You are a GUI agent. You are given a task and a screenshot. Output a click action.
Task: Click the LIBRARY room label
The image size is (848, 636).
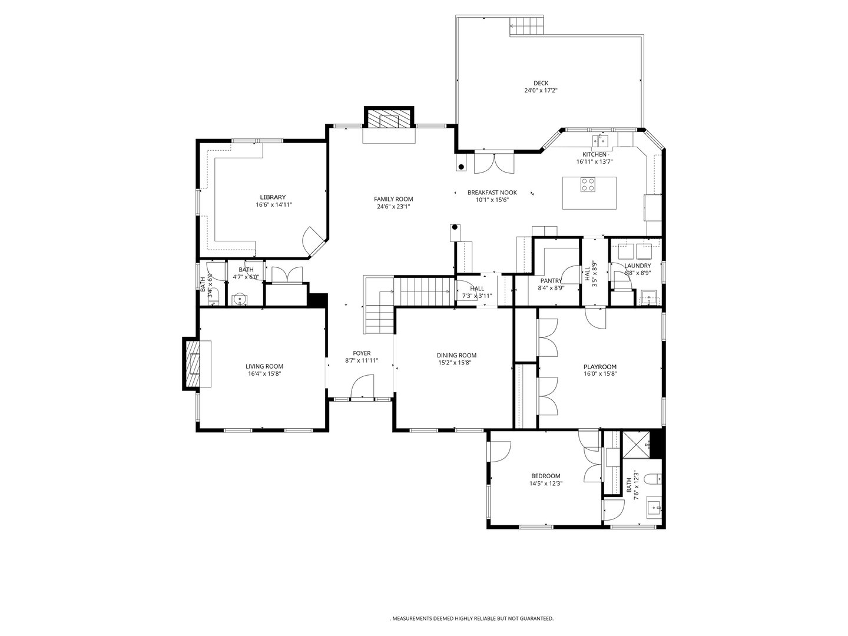coord(273,197)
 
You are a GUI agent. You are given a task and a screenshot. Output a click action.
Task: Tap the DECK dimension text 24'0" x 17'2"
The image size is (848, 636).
coord(541,91)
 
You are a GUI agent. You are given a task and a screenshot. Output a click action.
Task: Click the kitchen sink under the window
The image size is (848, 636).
coord(601,140)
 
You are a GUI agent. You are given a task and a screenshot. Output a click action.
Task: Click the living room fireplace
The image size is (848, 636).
coord(193,363)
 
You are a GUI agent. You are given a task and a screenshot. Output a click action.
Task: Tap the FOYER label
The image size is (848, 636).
coord(362,353)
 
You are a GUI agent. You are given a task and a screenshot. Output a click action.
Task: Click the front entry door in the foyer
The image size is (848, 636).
coord(362,389)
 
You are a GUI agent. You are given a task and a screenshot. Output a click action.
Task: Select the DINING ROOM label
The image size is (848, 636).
coord(456,355)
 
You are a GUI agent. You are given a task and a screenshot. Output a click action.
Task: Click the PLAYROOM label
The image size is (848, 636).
coord(600,367)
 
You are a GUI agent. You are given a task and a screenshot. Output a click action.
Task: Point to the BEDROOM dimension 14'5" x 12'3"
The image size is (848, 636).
coord(545,483)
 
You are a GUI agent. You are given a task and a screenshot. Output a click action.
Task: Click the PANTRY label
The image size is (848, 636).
coord(551,281)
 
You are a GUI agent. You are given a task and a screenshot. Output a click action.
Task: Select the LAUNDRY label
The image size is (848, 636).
coord(637,266)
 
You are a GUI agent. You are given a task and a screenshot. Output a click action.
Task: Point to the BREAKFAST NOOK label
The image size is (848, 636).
coord(492,193)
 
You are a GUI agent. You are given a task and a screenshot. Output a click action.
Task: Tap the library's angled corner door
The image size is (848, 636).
coord(312,241)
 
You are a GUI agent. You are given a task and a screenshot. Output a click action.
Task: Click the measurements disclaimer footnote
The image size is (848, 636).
coord(472,618)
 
